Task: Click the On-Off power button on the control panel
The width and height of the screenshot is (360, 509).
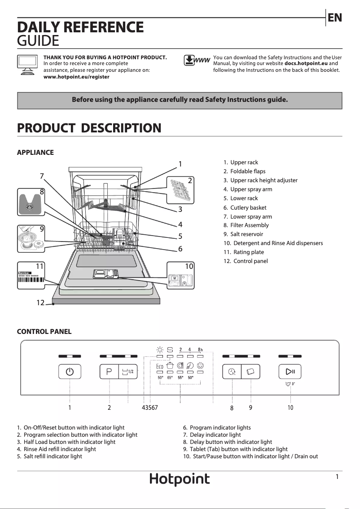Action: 70,372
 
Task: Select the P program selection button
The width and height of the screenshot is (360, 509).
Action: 109,372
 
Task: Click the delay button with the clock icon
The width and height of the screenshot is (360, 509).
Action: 232,372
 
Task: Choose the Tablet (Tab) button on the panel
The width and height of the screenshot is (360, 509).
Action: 250,372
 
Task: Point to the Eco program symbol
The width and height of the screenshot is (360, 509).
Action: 159,366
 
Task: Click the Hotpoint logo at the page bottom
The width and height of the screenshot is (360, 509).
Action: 180,479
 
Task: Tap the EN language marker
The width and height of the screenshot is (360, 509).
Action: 334,18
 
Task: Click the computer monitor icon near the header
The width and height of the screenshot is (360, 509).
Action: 27,66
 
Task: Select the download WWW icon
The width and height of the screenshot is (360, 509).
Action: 197,61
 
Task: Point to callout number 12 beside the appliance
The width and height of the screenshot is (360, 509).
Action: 40,303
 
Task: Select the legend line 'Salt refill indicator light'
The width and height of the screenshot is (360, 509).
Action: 53,456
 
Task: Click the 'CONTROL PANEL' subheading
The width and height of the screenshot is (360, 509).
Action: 44,332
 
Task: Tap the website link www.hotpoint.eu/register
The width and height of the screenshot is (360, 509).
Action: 76,77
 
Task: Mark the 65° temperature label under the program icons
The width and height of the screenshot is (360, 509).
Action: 170,378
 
